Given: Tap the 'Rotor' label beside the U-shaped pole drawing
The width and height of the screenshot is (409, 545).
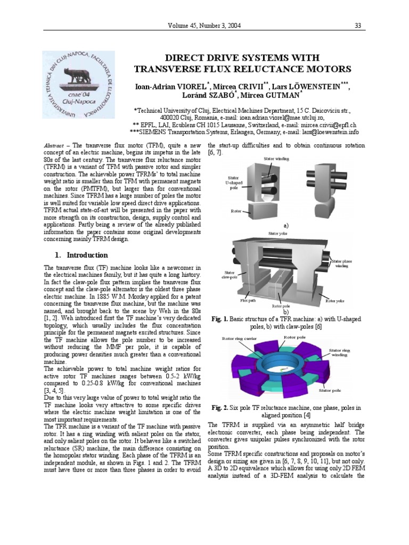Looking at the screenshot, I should click(236, 211).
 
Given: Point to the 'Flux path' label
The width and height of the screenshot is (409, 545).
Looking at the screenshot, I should click(248, 300).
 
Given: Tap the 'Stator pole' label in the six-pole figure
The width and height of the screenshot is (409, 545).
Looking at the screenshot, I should click(330, 391).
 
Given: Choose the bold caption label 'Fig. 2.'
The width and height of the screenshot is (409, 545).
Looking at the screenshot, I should click(219, 408).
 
